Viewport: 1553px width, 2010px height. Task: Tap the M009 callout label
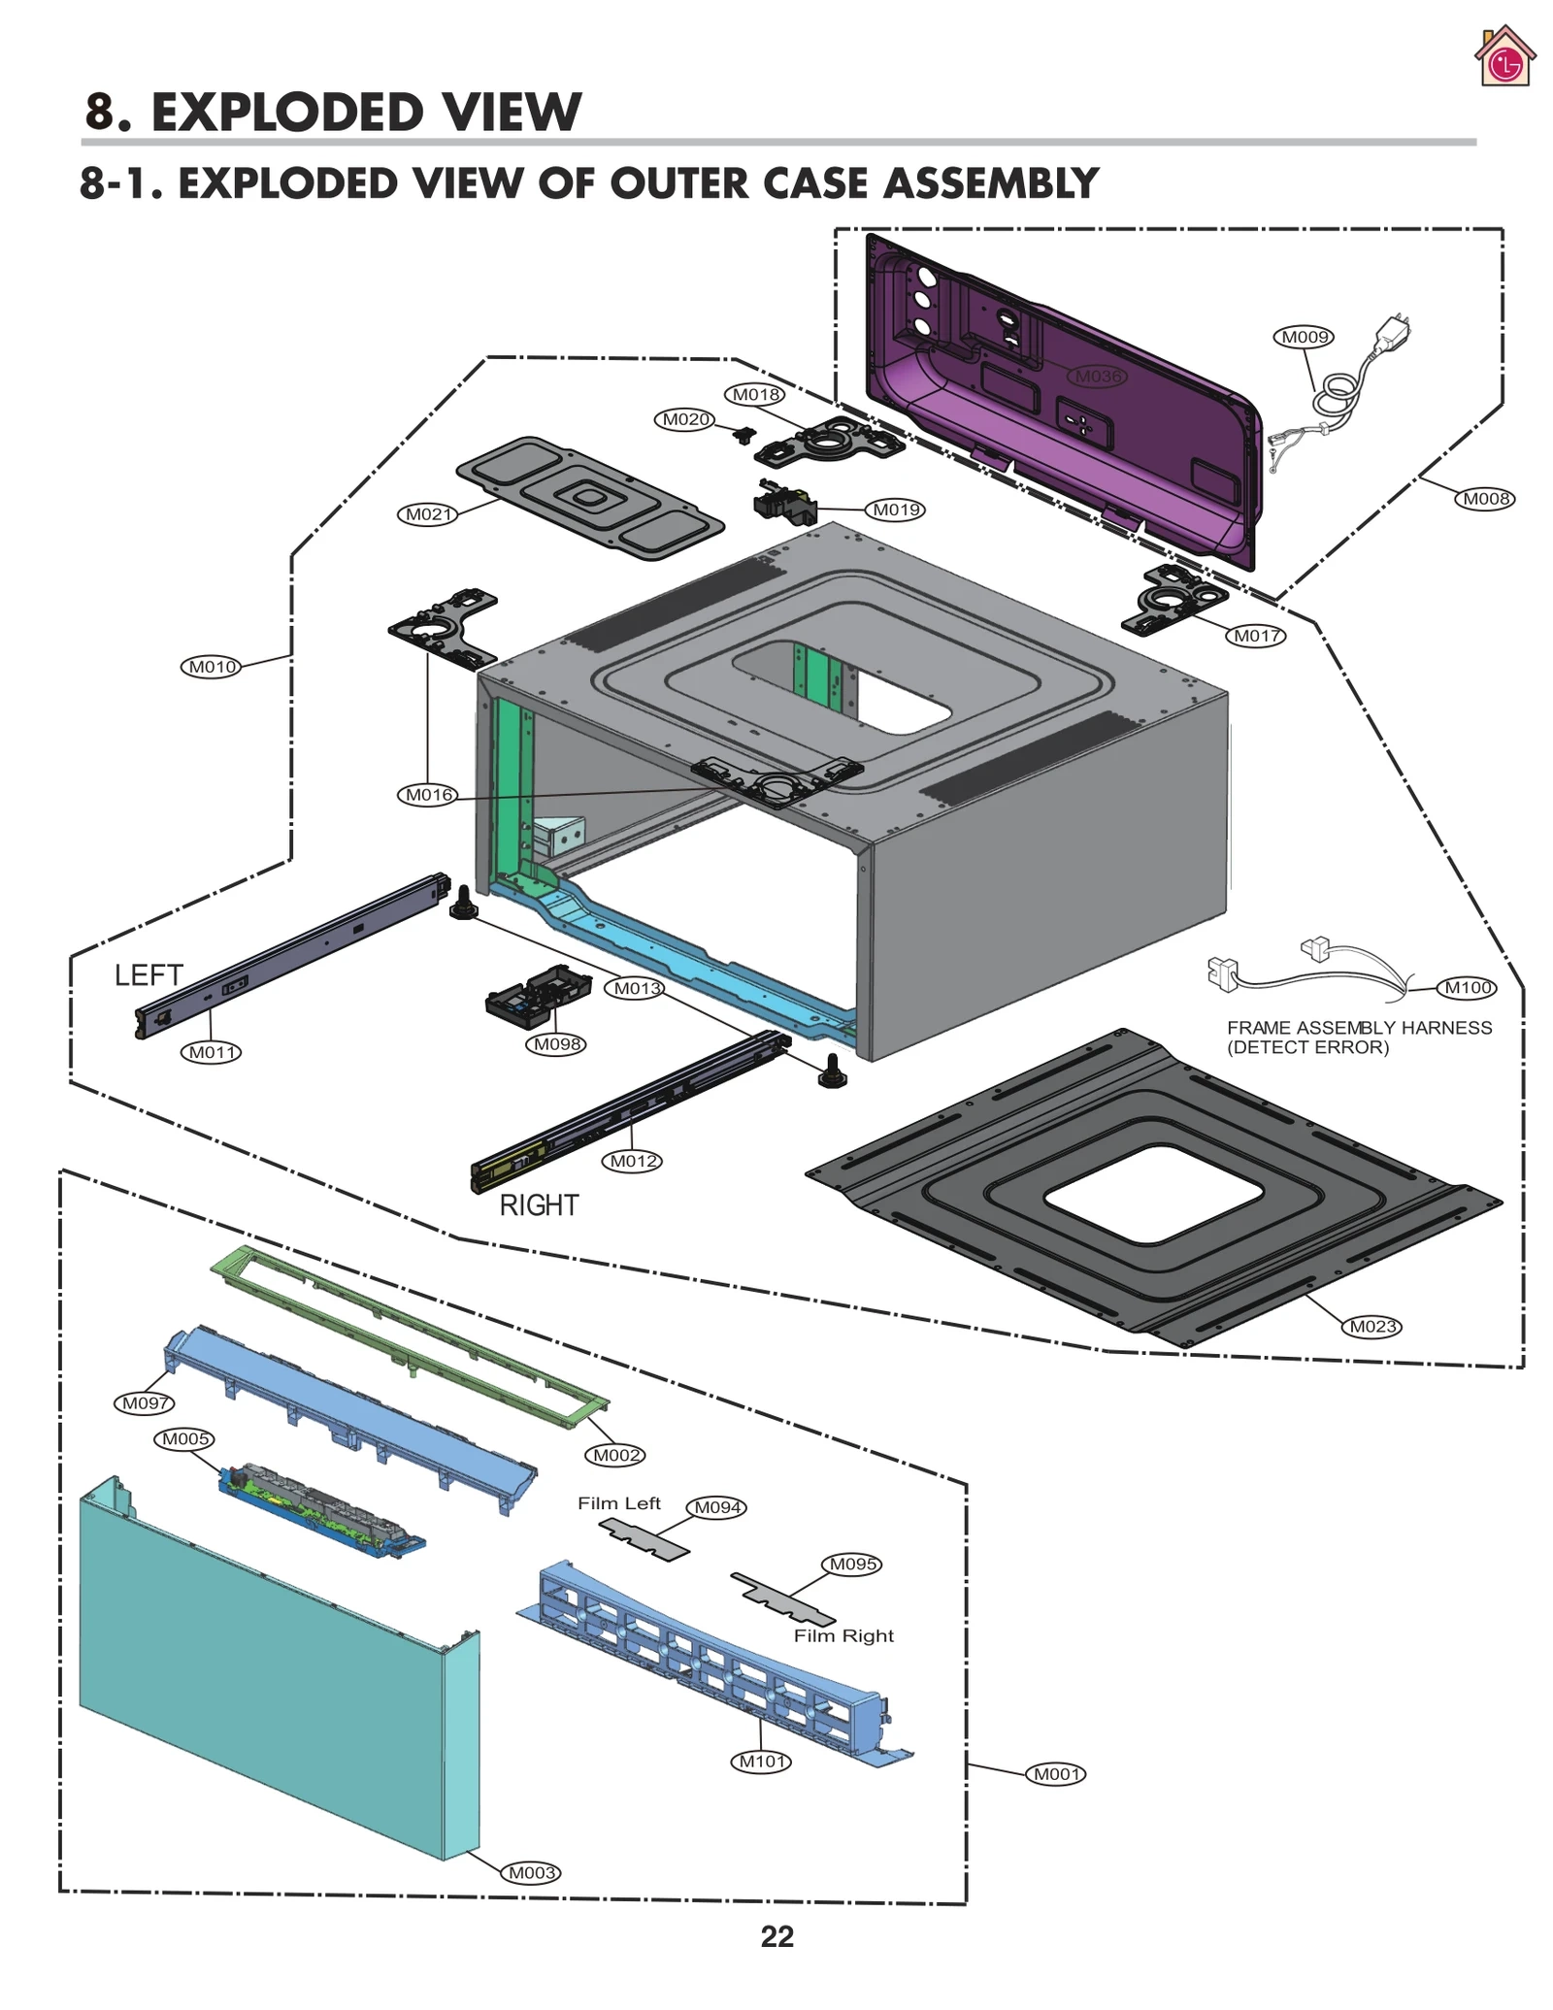pos(1303,337)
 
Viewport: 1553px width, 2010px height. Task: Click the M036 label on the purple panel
pos(1098,376)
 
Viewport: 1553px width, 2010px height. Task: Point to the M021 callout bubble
pos(427,514)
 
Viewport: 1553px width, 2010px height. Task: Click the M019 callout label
pos(895,510)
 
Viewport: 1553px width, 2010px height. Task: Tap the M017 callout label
pos(1256,636)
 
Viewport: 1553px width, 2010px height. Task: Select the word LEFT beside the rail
pos(149,975)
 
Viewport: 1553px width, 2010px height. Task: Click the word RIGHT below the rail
pos(539,1205)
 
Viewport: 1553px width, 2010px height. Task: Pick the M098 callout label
pos(557,1044)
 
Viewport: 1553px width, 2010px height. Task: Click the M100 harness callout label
pos(1467,988)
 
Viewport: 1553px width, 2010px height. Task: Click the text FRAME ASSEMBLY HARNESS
pos(1359,1028)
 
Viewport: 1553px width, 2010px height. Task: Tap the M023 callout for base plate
pos(1373,1327)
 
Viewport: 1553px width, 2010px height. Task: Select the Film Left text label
pos(618,1503)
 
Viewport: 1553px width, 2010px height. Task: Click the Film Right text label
pos(843,1636)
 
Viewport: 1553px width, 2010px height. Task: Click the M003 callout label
pos(531,1873)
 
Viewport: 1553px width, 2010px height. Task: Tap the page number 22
pos(776,1937)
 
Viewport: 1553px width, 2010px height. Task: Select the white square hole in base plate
pos(1152,1193)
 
